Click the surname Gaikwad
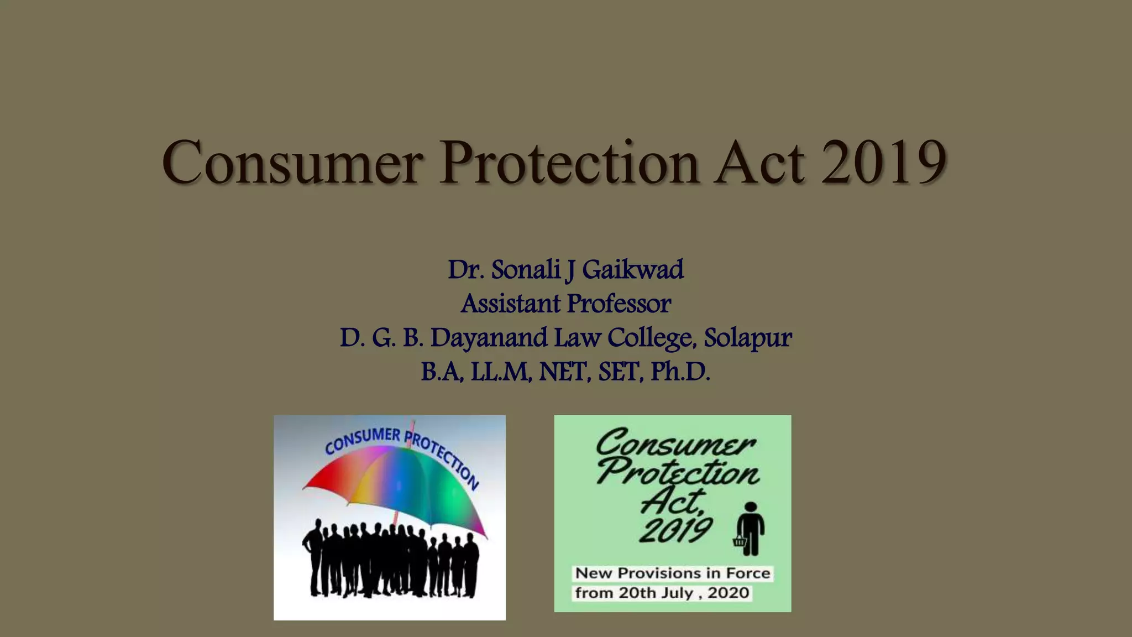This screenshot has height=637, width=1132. pos(632,270)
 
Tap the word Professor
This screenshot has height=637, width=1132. pos(619,304)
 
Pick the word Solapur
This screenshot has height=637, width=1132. pos(747,338)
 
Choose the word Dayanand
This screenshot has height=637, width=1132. pos(489,338)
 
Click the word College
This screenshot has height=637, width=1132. pos(650,338)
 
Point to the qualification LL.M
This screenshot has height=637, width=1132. pos(501,372)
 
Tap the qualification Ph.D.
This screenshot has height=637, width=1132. pos(680,372)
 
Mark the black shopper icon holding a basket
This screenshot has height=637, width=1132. pos(750,529)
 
